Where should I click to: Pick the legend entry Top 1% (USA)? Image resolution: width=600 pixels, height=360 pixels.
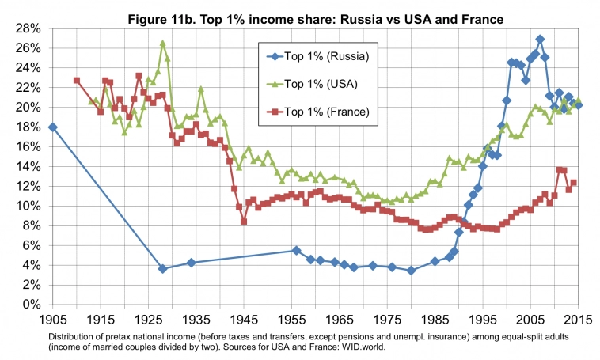[x=327, y=83]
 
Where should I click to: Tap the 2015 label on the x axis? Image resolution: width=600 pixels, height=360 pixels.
[x=580, y=321]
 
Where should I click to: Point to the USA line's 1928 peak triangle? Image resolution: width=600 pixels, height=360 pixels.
[x=163, y=44]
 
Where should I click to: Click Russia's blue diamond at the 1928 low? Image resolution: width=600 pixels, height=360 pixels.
[x=163, y=269]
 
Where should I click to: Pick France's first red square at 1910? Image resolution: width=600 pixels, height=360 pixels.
[x=77, y=81]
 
